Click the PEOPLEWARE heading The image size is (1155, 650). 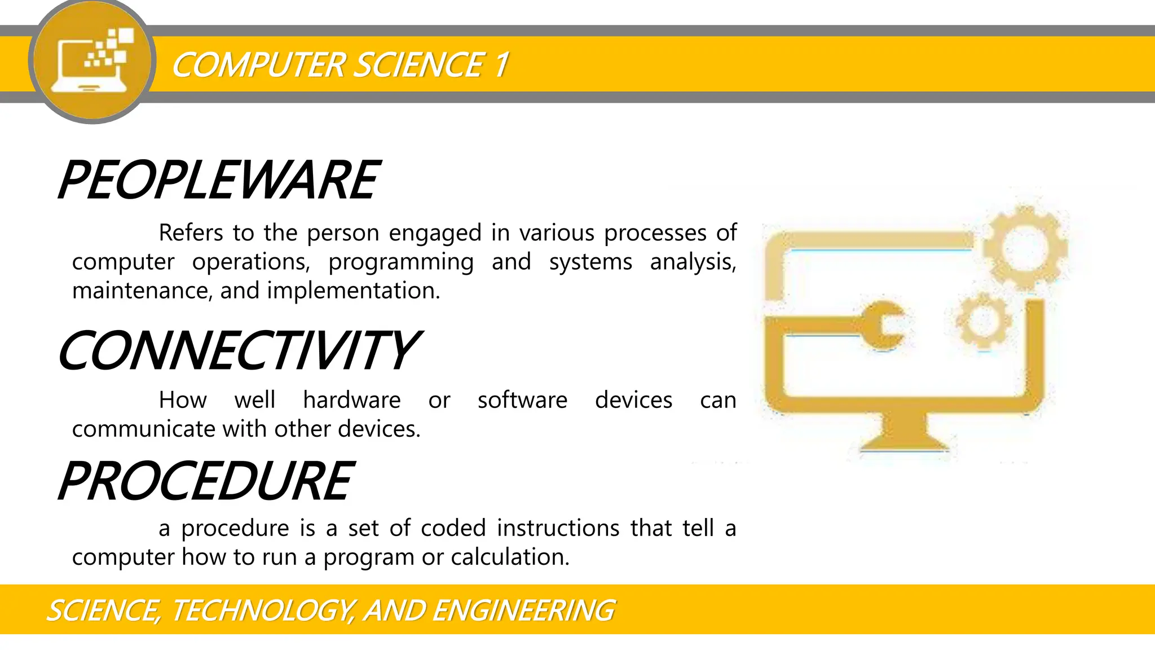(x=219, y=180)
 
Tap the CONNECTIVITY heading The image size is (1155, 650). (x=238, y=351)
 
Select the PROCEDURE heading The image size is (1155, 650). (x=206, y=481)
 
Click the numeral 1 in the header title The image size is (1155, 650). (x=501, y=65)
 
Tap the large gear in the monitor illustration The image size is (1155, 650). (x=1025, y=248)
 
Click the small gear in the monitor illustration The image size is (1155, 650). (x=983, y=320)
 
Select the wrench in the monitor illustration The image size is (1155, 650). (x=880, y=326)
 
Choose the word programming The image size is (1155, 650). (x=401, y=262)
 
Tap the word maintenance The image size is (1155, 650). (x=142, y=291)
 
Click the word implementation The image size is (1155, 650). (x=353, y=291)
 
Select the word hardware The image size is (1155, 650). (x=352, y=401)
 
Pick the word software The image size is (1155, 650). (x=522, y=401)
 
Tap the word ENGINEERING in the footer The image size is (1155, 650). (x=523, y=611)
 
